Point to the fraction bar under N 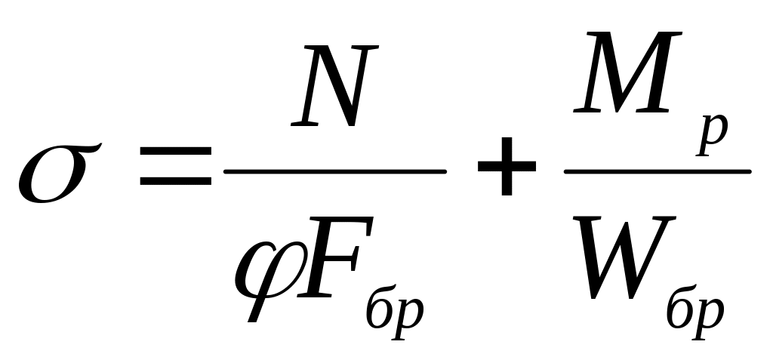pyautogui.click(x=335, y=172)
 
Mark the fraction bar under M pyautogui.click(x=657, y=171)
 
